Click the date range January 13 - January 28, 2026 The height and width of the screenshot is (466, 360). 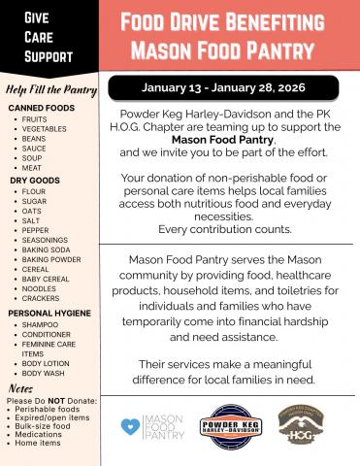click(x=224, y=87)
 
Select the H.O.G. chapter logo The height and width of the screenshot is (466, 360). click(x=304, y=424)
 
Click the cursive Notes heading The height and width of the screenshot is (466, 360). click(x=20, y=386)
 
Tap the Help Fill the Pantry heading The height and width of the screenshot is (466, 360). click(x=49, y=90)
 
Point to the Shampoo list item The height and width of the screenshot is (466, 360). click(x=40, y=325)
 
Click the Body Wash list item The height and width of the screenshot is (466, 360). click(x=44, y=373)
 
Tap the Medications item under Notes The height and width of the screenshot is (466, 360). click(x=38, y=434)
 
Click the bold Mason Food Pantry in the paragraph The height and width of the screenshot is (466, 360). click(x=229, y=141)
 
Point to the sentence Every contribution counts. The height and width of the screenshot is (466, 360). click(x=228, y=228)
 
